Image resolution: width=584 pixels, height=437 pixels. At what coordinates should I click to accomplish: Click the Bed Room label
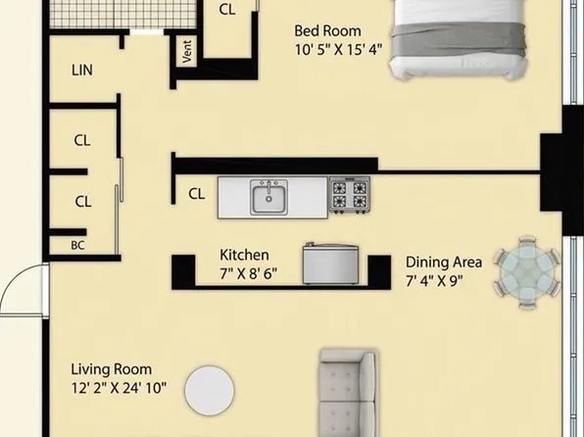(327, 31)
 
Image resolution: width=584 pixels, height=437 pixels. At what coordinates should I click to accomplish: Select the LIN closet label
(83, 71)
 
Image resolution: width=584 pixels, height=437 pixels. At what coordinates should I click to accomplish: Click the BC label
(78, 245)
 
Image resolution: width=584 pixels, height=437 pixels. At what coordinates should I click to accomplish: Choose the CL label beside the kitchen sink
(197, 194)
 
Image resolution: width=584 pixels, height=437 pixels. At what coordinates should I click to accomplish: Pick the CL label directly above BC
(83, 202)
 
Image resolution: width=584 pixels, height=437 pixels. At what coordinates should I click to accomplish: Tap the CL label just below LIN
(83, 140)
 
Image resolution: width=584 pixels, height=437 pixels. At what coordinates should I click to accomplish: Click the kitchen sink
(268, 198)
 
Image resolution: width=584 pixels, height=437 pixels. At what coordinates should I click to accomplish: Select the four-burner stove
(349, 195)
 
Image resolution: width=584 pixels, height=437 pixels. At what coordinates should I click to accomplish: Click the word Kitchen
(244, 256)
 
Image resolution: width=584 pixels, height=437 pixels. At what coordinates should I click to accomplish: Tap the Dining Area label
(443, 263)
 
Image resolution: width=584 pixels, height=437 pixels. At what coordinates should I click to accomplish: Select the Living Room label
(111, 369)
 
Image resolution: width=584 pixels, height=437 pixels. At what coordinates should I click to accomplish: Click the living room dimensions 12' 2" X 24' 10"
(118, 388)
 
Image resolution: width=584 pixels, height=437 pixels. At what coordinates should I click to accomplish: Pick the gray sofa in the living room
(347, 392)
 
